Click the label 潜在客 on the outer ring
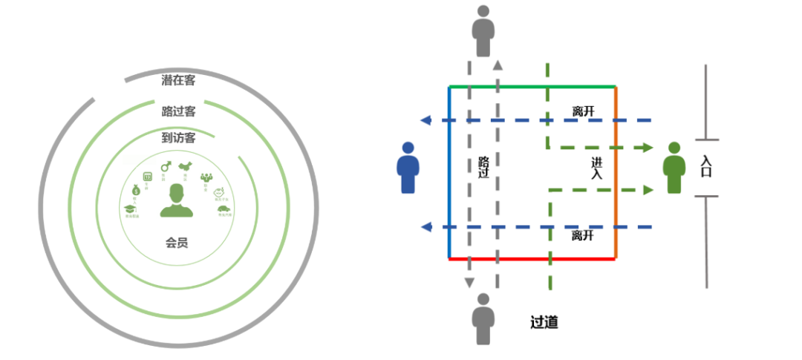(178, 80)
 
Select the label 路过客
(178, 111)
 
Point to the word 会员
(177, 242)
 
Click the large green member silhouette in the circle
(177, 201)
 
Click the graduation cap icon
(131, 211)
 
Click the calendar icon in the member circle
(147, 176)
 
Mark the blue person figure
(408, 168)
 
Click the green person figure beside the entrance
(674, 168)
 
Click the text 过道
(544, 322)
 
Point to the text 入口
(705, 168)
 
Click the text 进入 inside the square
(597, 168)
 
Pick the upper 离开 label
(583, 111)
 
